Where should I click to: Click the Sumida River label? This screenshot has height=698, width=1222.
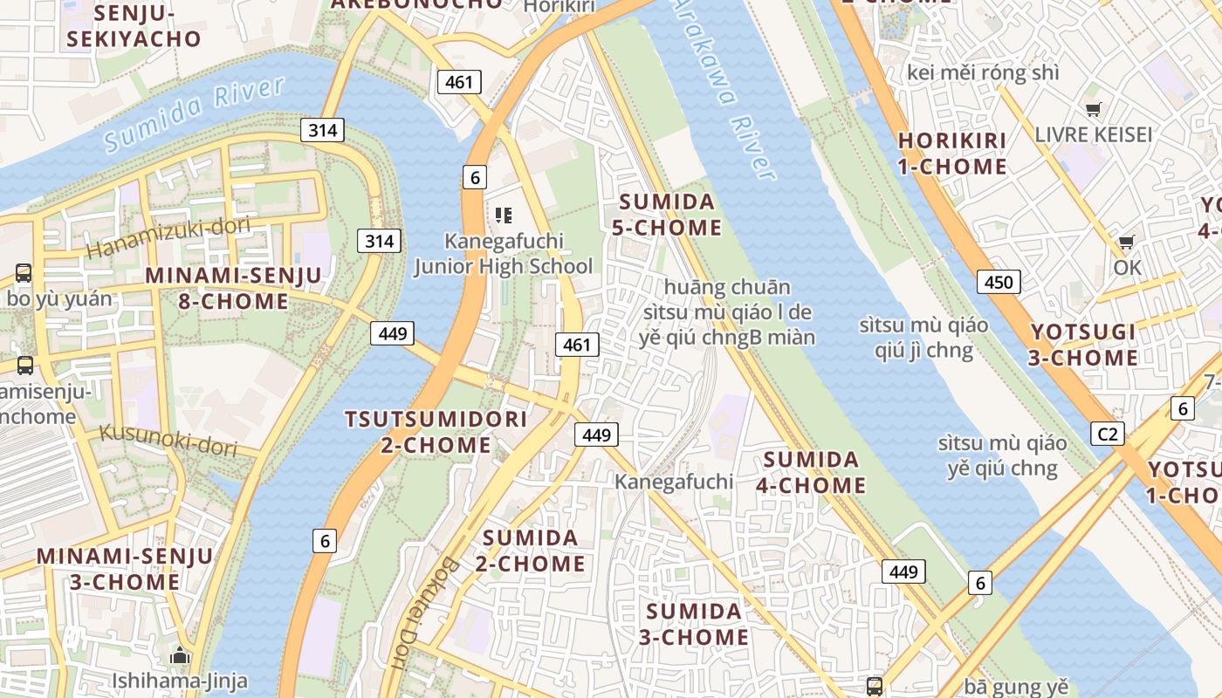(195, 114)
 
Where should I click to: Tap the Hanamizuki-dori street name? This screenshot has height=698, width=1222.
(168, 237)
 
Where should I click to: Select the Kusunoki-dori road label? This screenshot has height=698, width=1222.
(168, 440)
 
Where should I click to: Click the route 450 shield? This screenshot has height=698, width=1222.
(999, 282)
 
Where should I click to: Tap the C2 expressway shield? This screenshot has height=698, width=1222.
(1108, 434)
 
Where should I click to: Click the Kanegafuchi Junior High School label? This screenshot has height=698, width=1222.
(504, 253)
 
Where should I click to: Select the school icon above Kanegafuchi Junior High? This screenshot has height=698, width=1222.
(503, 215)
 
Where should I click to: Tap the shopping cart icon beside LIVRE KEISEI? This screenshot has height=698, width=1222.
(1093, 109)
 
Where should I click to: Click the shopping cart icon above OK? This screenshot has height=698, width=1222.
(1127, 242)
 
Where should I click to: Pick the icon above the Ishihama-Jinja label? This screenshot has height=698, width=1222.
(180, 655)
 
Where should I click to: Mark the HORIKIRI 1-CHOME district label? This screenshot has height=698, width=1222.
(952, 154)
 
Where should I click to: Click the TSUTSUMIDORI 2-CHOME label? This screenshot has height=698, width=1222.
(436, 432)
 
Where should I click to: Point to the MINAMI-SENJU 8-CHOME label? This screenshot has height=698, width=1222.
(233, 288)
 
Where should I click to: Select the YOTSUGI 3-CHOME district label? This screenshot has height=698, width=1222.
(1084, 345)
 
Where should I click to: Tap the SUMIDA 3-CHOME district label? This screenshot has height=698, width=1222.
(694, 624)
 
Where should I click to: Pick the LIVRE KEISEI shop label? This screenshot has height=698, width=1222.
(1093, 135)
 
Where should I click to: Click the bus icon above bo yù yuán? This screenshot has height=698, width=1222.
(24, 273)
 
